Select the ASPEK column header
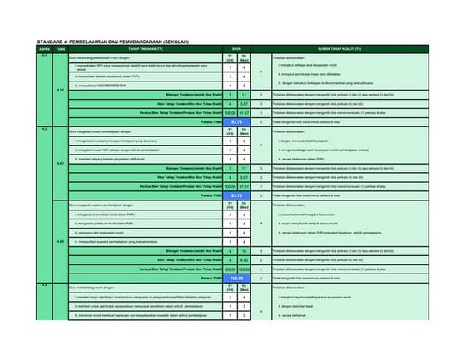tap(44, 49)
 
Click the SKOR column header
tap(236, 49)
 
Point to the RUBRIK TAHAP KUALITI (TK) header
tap(358, 49)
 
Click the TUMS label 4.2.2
tap(60, 241)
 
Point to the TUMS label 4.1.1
tap(60, 89)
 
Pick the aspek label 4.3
tap(44, 285)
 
